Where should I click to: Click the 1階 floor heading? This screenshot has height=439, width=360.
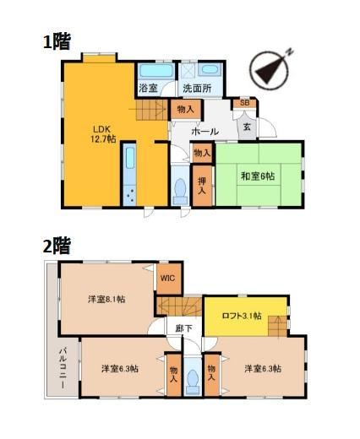pyautogui.click(x=57, y=41)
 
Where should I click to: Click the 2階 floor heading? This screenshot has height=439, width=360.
pyautogui.click(x=57, y=246)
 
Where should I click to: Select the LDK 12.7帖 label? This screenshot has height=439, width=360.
pyautogui.click(x=103, y=134)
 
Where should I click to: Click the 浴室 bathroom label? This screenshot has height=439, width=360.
pyautogui.click(x=148, y=89)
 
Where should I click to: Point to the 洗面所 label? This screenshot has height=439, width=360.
pyautogui.click(x=197, y=89)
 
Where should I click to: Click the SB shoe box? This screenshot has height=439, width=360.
pyautogui.click(x=244, y=103)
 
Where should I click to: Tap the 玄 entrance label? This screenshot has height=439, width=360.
pyautogui.click(x=247, y=127)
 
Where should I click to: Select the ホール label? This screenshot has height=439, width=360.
pyautogui.click(x=205, y=132)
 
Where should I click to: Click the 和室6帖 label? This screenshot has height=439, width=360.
pyautogui.click(x=258, y=176)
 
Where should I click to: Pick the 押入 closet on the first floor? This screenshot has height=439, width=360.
pyautogui.click(x=202, y=186)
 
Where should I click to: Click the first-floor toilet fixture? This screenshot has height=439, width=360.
pyautogui.click(x=180, y=192)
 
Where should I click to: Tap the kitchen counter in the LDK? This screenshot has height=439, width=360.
pyautogui.click(x=129, y=175)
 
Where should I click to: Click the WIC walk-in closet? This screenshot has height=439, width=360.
pyautogui.click(x=168, y=279)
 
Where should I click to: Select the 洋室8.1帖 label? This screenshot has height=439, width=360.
pyautogui.click(x=106, y=299)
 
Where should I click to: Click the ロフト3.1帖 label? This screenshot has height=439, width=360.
pyautogui.click(x=242, y=316)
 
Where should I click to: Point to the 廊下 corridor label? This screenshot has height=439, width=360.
pyautogui.click(x=184, y=328)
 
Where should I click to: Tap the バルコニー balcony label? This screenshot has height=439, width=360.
pyautogui.click(x=63, y=369)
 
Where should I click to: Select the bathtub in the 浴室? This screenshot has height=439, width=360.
pyautogui.click(x=156, y=70)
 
